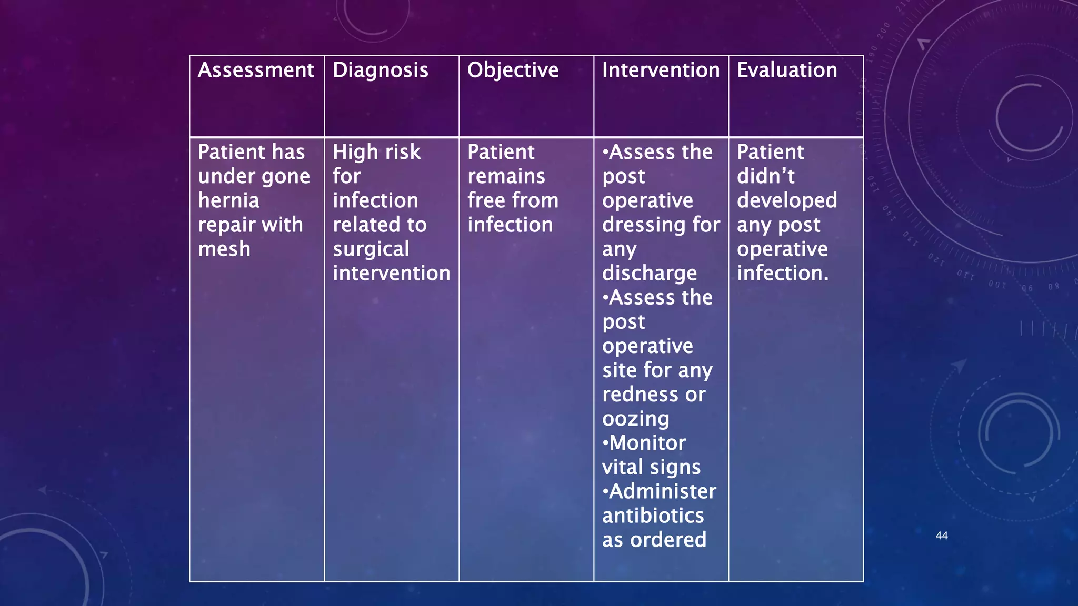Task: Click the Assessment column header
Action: (x=256, y=70)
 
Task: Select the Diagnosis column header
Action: (x=381, y=70)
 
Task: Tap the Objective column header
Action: (x=513, y=70)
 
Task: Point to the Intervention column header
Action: (x=661, y=70)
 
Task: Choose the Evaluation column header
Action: (x=787, y=70)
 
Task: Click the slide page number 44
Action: (x=942, y=536)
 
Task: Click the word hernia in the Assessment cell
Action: (x=229, y=200)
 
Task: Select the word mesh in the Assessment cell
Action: (x=224, y=249)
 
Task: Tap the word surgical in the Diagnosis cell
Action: (x=371, y=249)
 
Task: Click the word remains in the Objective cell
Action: (x=506, y=176)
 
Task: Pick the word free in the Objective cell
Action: (x=486, y=200)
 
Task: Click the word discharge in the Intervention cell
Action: (x=650, y=274)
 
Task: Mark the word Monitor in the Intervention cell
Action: (x=647, y=443)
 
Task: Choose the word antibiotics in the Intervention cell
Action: (x=653, y=516)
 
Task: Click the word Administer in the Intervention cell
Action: (x=662, y=491)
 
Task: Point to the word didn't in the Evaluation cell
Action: (x=765, y=176)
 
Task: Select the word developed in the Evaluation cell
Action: (x=787, y=200)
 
